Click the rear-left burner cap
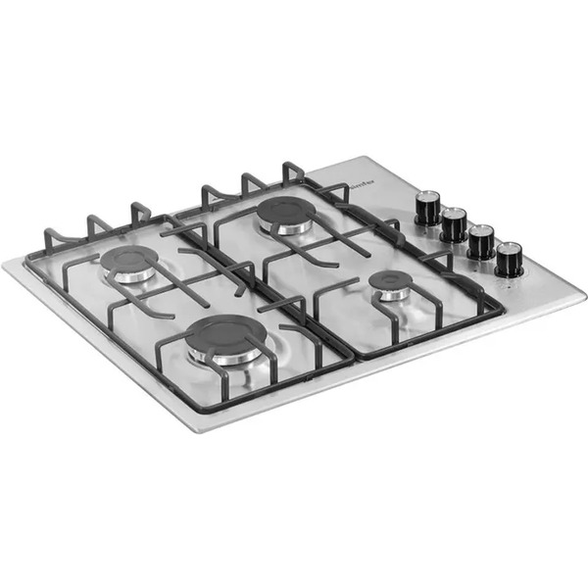tap(129, 260)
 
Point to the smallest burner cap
tap(389, 281)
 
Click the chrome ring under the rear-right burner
tap(287, 228)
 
